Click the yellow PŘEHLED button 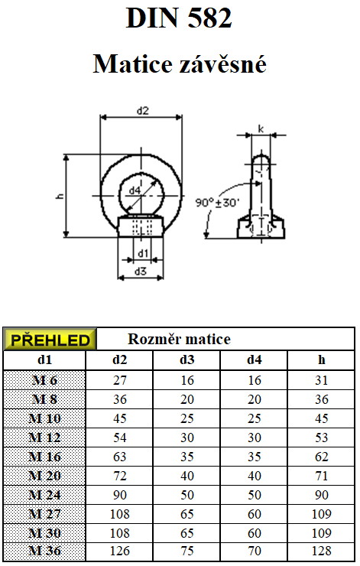[50, 340]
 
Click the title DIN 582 [179, 18]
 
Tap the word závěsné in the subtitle [223, 63]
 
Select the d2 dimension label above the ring [142, 111]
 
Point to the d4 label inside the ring [135, 190]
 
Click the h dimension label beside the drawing [60, 196]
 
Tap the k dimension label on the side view [261, 128]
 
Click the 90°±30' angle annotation [217, 203]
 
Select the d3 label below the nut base [141, 271]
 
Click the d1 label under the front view [143, 253]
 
